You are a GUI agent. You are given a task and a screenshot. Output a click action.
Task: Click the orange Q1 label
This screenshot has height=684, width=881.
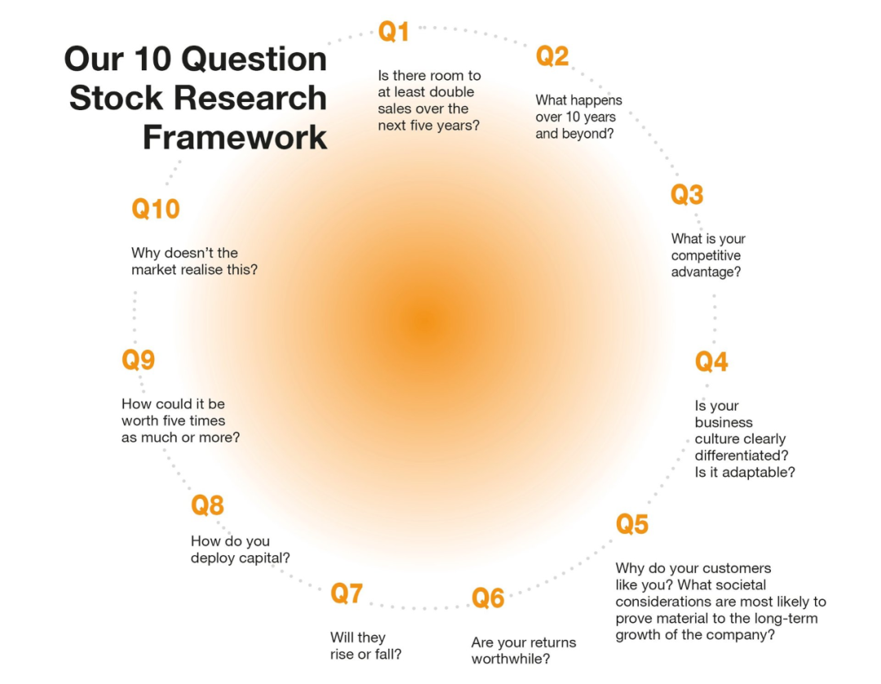point(394,32)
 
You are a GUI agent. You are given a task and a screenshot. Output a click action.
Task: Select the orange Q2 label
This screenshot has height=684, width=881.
point(552,56)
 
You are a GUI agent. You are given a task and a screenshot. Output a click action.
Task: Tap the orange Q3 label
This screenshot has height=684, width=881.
point(687,194)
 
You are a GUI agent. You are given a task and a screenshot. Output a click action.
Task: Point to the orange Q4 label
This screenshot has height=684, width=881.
point(711,362)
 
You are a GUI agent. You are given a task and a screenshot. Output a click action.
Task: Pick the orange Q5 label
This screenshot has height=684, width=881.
point(632,524)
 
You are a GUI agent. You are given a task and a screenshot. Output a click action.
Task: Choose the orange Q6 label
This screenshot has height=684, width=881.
point(488,598)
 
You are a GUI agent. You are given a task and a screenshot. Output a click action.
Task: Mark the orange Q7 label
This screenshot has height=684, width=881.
point(347,593)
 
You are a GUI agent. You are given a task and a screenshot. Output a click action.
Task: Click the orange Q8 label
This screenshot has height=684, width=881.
point(207,505)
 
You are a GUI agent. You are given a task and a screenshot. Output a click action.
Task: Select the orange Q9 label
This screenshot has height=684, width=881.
point(138,360)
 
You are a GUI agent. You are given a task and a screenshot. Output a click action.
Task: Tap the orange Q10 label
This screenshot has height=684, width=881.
point(156,209)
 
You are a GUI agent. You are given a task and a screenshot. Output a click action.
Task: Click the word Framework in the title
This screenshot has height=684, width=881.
point(235,136)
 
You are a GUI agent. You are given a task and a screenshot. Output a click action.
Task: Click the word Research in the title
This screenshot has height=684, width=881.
point(250,98)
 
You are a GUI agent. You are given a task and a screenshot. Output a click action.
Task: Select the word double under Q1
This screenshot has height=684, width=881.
point(449,91)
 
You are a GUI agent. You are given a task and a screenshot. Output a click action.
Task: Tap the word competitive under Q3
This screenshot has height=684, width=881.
point(706,255)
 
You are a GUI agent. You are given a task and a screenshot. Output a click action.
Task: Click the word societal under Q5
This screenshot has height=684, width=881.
point(740,584)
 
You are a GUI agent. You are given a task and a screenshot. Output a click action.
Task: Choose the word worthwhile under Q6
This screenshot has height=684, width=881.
point(511,659)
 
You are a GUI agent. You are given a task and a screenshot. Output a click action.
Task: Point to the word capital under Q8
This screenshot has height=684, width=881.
point(265,558)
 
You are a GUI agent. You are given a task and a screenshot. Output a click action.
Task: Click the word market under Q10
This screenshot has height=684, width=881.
point(153,270)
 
